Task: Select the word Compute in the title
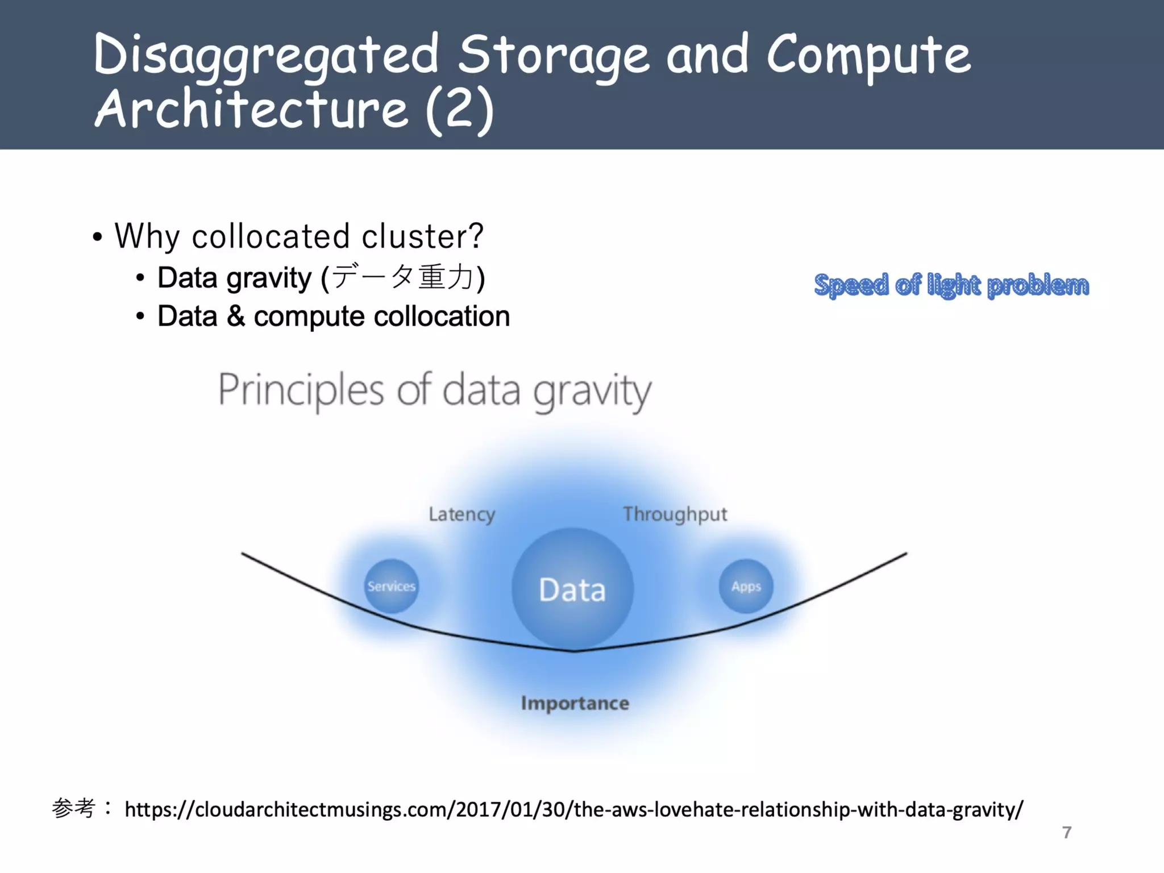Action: coord(868,56)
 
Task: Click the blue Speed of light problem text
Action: coord(951,285)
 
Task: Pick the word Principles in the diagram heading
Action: coord(301,391)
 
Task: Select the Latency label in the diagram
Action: coord(462,514)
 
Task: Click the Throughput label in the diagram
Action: coord(675,514)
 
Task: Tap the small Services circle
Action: coord(391,586)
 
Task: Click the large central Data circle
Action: coord(572,589)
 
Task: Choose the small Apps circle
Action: coord(746,586)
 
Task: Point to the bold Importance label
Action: coord(575,703)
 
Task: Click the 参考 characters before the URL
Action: coord(73,808)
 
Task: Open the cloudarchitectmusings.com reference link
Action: coord(573,809)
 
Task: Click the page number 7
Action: coord(1066,833)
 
